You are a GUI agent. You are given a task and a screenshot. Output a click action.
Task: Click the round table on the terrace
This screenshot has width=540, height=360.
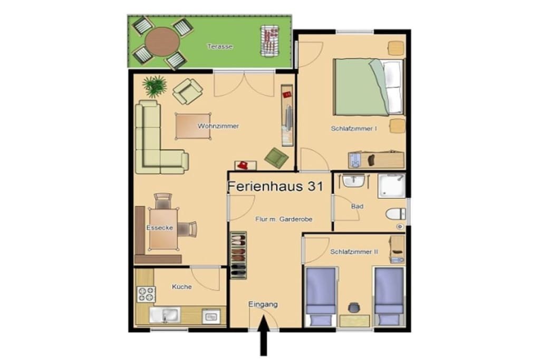click(162, 42)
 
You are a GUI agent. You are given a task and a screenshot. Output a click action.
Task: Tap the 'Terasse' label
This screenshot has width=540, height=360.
click(220, 46)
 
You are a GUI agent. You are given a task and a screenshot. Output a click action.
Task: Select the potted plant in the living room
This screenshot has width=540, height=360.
click(155, 86)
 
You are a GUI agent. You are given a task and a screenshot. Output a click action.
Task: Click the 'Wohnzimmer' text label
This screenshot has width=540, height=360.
click(218, 126)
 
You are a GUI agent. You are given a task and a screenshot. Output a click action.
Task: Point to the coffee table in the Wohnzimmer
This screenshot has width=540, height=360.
click(193, 126)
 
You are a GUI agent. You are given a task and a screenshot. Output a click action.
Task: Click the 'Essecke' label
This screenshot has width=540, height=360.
click(159, 228)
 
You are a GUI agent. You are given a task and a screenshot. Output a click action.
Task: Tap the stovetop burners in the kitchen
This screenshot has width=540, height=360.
click(147, 294)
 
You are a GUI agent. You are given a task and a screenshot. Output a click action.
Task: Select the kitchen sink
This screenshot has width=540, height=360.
click(165, 315)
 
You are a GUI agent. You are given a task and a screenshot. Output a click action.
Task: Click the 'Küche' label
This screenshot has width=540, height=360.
click(182, 287)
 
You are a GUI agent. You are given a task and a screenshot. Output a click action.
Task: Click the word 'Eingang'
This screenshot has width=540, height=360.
click(263, 305)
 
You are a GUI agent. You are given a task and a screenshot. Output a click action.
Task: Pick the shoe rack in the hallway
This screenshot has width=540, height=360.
click(238, 255)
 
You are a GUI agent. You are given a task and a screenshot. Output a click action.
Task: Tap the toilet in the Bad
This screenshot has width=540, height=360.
click(396, 214)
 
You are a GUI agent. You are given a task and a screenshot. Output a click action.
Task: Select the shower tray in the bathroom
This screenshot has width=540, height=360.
click(392, 186)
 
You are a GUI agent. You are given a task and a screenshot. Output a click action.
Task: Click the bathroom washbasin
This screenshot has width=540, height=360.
click(353, 181)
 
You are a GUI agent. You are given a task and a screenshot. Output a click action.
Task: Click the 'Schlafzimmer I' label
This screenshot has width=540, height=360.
click(354, 129)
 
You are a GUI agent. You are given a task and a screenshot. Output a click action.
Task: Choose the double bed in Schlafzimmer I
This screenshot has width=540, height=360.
click(368, 87)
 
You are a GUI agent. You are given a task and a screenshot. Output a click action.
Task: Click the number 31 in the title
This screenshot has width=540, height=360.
click(316, 187)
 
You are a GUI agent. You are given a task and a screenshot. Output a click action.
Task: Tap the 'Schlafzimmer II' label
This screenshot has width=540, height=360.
click(354, 252)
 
